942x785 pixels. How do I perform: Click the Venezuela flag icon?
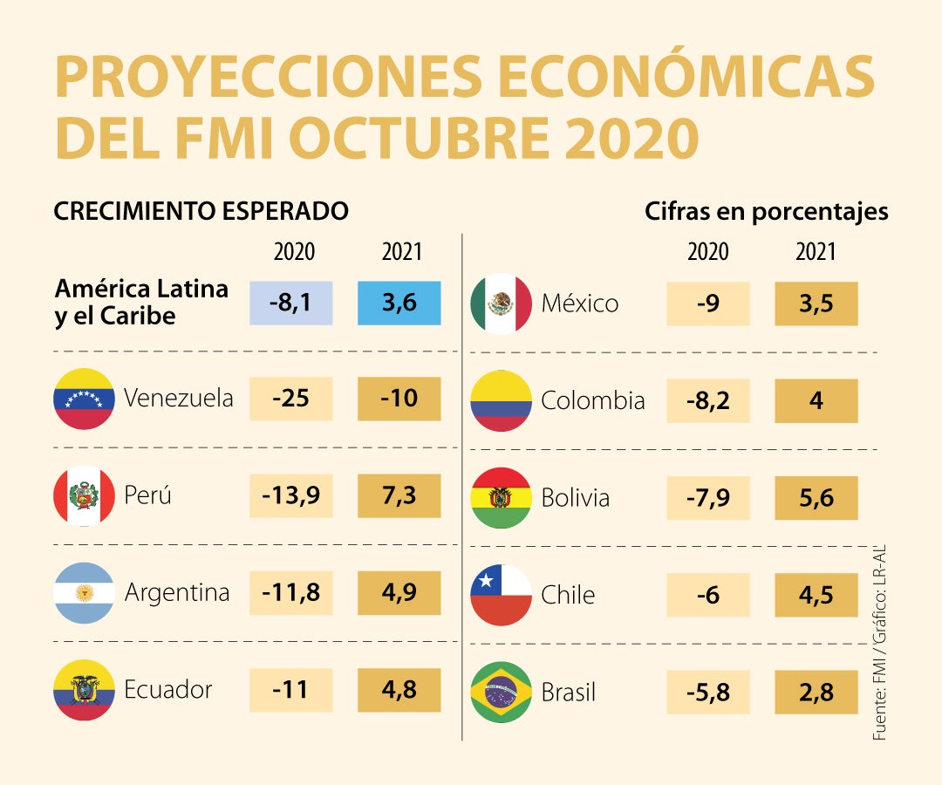coord(84,399)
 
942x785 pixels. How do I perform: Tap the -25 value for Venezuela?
coord(290,399)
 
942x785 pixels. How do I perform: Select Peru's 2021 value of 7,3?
coord(399,495)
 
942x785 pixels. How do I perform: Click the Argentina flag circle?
coord(84,593)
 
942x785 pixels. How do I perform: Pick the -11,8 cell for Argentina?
coord(290,593)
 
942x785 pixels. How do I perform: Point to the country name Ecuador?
coord(168,690)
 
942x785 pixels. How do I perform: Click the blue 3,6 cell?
coord(399,303)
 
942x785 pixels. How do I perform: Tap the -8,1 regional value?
coord(290,303)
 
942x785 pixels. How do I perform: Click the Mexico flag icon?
coord(502,304)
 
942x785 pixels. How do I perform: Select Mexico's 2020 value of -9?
coord(707,304)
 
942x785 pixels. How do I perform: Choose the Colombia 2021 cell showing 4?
coord(816,400)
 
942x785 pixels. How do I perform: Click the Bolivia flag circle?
coord(502,498)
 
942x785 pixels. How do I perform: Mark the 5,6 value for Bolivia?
coord(816,498)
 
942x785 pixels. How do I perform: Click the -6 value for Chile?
coord(707,595)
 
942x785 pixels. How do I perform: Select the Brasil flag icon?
coord(502,693)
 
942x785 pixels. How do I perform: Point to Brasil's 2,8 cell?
coord(816,693)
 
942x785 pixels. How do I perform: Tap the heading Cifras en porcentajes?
coord(767,211)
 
